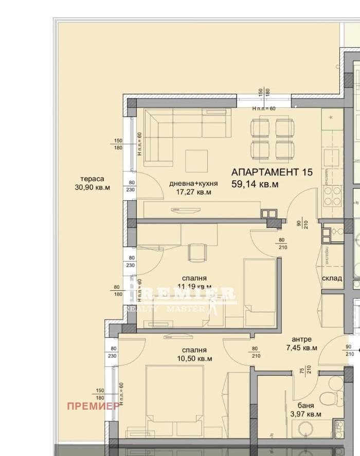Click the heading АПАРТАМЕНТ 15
pos(272,172)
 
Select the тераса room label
pos(85,179)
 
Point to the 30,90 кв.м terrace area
pos(92,187)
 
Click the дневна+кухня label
pos(194,184)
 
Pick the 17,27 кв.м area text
pos(193,192)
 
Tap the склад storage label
pos(332,278)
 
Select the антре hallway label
pos(302,339)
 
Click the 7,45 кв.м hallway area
pos(301,348)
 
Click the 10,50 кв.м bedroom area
pos(194,358)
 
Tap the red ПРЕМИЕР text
pos(94,406)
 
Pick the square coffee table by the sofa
pos(196,161)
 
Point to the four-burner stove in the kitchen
pos(333,195)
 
